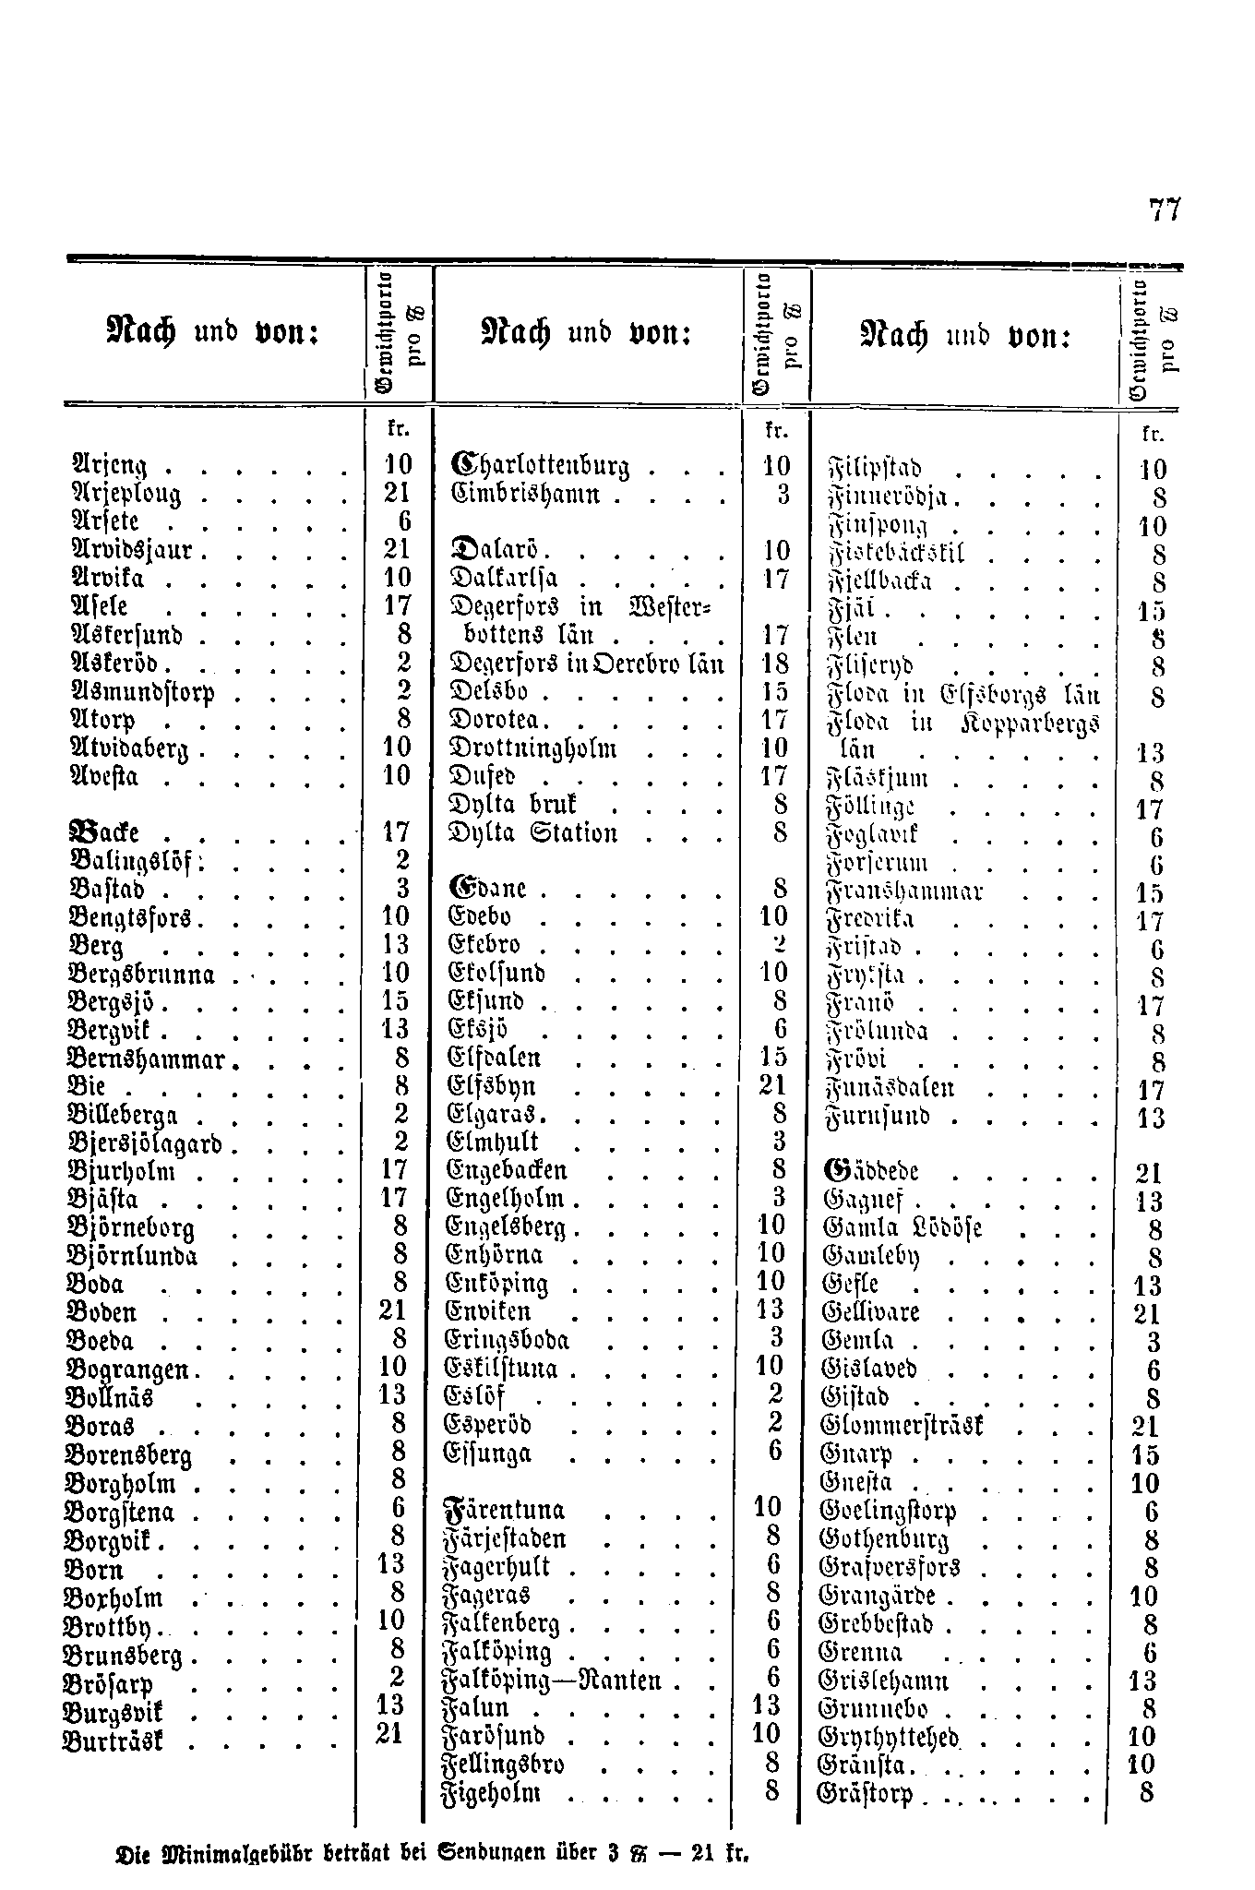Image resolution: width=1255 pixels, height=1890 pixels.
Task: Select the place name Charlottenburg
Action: (532, 465)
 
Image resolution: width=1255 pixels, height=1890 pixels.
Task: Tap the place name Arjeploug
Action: (126, 495)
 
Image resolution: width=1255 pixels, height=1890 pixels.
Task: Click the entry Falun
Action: (476, 1707)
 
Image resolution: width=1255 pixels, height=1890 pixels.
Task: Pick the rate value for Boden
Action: (395, 1310)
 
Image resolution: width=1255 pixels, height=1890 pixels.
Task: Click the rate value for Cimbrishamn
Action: (783, 495)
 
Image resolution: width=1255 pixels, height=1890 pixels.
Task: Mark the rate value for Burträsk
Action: (390, 1734)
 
